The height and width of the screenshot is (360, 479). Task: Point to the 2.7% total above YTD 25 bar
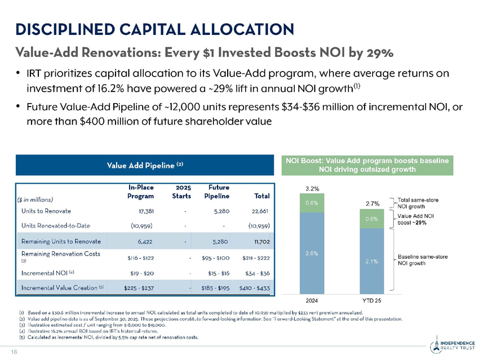pyautogui.click(x=372, y=203)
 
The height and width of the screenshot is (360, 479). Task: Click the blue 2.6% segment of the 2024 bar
pyautogui.click(x=312, y=253)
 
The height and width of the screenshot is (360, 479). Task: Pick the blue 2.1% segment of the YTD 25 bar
pyautogui.click(x=372, y=261)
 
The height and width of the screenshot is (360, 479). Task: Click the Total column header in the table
pyautogui.click(x=262, y=196)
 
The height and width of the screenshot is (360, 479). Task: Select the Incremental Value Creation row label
pyautogui.click(x=60, y=288)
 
